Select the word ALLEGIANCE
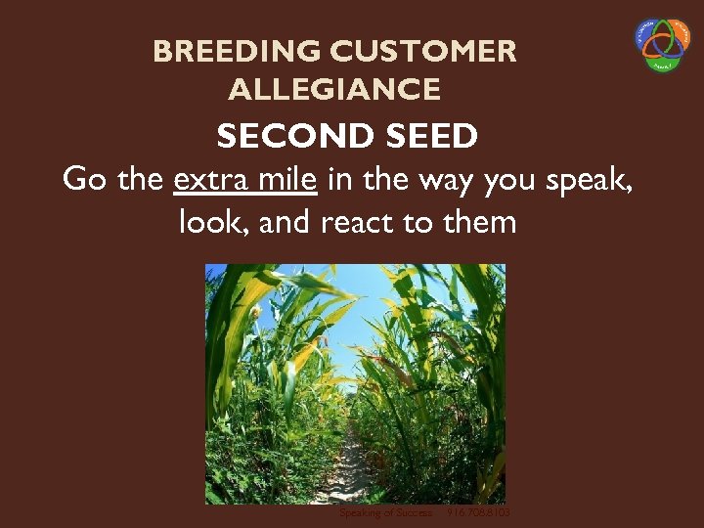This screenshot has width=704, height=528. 334,91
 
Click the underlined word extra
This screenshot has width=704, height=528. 208,180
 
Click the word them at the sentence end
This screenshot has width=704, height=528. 479,222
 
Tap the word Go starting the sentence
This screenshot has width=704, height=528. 82,180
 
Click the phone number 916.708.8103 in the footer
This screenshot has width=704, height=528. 478,513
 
